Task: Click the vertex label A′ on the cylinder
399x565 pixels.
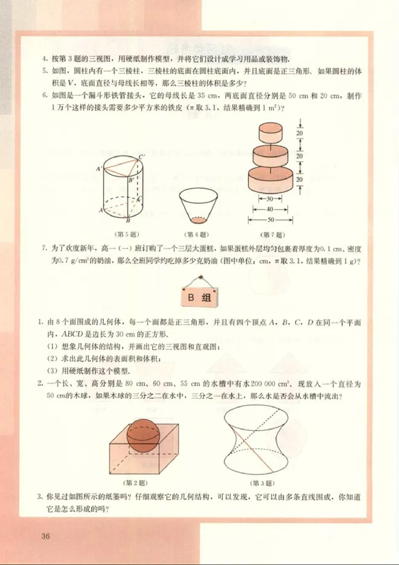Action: [x=99, y=169]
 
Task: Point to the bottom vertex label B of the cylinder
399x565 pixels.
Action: [x=129, y=221]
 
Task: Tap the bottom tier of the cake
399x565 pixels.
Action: [x=271, y=179]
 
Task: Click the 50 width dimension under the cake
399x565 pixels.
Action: [x=270, y=219]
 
